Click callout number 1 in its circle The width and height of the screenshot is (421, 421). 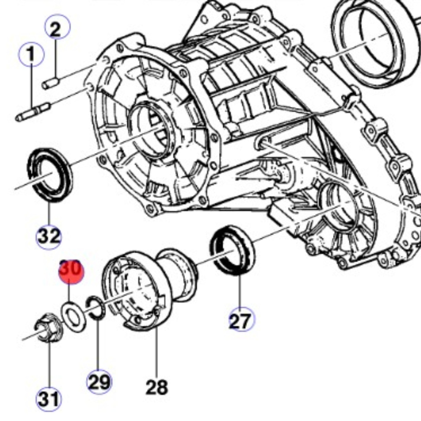[31, 55]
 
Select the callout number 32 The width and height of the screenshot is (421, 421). [49, 237]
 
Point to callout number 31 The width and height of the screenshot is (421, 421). [49, 399]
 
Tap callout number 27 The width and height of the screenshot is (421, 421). [241, 320]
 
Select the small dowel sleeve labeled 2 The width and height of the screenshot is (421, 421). [51, 83]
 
